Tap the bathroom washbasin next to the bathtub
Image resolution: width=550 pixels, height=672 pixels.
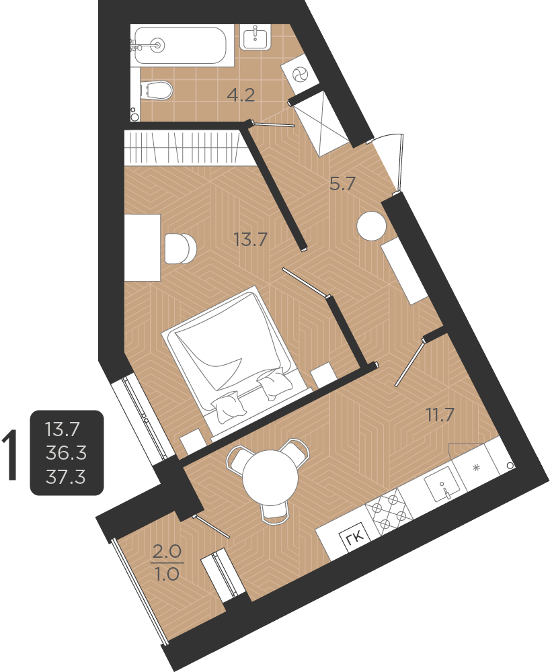pos(255,37)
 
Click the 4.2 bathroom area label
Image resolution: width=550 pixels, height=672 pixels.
pos(240,95)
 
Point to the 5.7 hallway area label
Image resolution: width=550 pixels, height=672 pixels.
pos(342,183)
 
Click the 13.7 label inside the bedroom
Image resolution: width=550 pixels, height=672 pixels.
pos(251,238)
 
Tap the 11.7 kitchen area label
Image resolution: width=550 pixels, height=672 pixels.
pos(440,415)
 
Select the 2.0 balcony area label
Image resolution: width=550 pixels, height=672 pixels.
pos(166,552)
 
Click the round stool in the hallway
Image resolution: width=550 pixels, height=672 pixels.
pos(372,226)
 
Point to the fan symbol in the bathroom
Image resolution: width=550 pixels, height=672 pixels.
pos(301,73)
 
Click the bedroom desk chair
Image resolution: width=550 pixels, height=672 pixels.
pos(180,249)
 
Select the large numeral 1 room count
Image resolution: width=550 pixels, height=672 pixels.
pos(11,456)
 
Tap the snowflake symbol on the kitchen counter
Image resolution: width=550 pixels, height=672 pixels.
pos(477,467)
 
